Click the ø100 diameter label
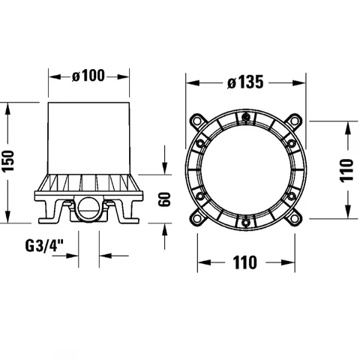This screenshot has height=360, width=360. pyautogui.click(x=88, y=75)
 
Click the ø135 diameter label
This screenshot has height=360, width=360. pyautogui.click(x=245, y=82)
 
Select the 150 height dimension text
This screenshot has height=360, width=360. pyautogui.click(x=8, y=160)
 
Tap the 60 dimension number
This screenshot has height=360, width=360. pyautogui.click(x=164, y=199)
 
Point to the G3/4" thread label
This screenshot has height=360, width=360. pyautogui.click(x=44, y=246)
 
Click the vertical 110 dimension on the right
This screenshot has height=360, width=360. pyautogui.click(x=347, y=170)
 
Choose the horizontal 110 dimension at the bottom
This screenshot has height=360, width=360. pyautogui.click(x=245, y=262)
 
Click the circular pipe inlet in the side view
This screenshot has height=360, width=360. pyautogui.click(x=88, y=206)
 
